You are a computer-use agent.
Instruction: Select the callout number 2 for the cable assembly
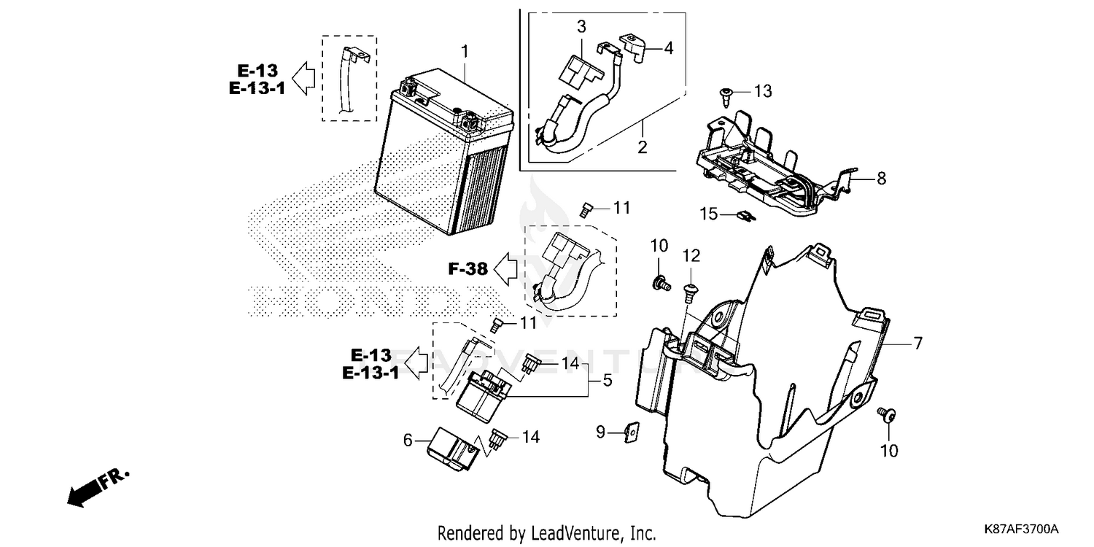click(x=643, y=147)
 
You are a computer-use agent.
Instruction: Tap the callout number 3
click(x=581, y=28)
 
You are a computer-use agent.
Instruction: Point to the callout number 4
click(x=669, y=48)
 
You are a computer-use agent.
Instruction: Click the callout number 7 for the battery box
click(x=918, y=342)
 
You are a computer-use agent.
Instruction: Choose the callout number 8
click(x=881, y=178)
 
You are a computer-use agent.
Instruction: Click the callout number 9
click(x=600, y=432)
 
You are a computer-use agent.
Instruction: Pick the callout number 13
click(x=763, y=91)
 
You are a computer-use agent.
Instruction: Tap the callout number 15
click(x=710, y=214)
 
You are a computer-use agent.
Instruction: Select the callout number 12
click(x=691, y=255)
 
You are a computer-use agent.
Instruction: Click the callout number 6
click(x=408, y=440)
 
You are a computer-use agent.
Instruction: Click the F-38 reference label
click(x=468, y=269)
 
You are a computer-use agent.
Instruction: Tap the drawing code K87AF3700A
click(x=1020, y=529)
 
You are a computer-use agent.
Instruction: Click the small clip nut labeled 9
click(x=632, y=432)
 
